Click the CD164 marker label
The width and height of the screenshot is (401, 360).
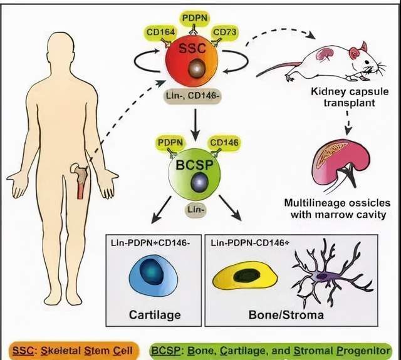160,33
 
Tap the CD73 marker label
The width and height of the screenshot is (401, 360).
225,32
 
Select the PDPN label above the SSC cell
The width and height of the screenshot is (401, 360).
195,18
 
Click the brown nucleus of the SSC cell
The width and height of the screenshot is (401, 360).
197,68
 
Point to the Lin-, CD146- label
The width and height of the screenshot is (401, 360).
192,96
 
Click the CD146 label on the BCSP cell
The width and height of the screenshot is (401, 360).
224,143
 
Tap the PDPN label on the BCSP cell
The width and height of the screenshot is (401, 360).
170,143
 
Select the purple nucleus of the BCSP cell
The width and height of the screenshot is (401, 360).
199,183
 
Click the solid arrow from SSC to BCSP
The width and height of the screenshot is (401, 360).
195,125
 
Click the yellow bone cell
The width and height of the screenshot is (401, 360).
245,277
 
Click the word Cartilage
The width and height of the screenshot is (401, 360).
155,314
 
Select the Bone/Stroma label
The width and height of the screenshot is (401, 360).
286,314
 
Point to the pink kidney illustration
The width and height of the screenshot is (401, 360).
341,164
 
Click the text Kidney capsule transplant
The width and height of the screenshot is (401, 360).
350,97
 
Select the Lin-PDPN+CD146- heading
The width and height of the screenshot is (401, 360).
150,242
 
